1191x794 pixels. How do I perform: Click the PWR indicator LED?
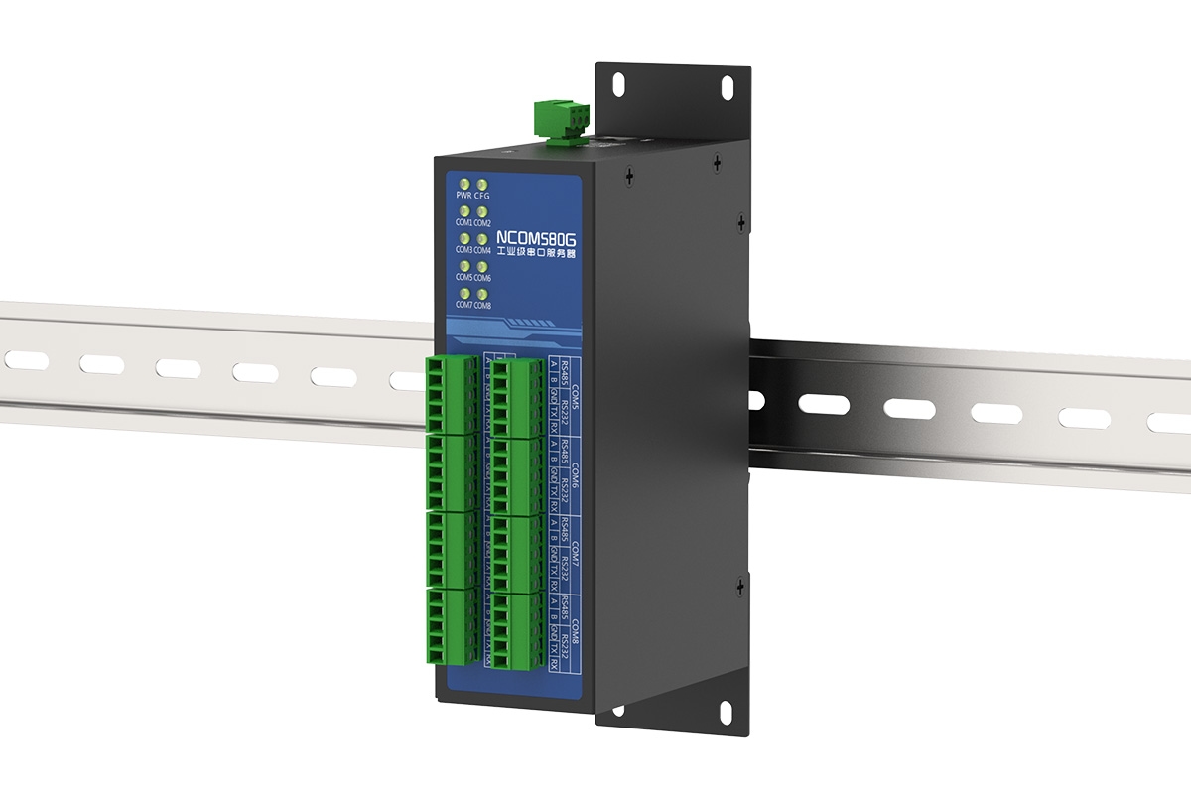[x=464, y=184]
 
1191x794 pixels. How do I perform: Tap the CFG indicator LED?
[x=482, y=185]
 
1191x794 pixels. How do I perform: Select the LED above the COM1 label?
[x=464, y=211]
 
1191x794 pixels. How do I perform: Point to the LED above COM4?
[x=482, y=239]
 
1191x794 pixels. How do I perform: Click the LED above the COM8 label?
[x=482, y=294]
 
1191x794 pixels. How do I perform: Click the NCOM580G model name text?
[x=535, y=239]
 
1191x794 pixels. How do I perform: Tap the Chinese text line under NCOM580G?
[x=536, y=255]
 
